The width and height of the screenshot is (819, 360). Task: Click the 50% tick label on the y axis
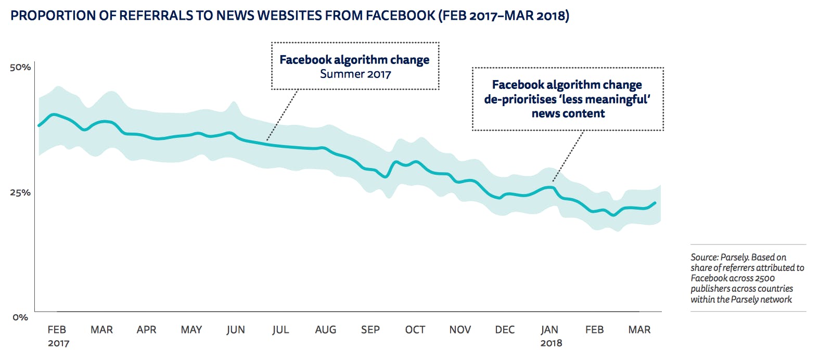pyautogui.click(x=20, y=67)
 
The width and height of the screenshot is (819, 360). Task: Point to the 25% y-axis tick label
pyautogui.click(x=20, y=192)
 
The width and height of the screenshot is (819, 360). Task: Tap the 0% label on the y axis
pyautogui.click(x=20, y=317)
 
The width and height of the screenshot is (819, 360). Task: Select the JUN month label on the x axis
pyautogui.click(x=236, y=330)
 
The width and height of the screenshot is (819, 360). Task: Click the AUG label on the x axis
pyautogui.click(x=326, y=330)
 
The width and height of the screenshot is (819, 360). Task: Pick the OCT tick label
pyautogui.click(x=415, y=330)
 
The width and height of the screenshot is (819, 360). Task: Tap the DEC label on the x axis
pyautogui.click(x=505, y=330)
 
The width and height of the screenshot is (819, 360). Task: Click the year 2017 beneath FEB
pyautogui.click(x=58, y=343)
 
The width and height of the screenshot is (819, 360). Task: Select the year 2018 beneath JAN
pyautogui.click(x=551, y=343)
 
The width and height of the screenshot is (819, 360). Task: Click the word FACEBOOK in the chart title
pyautogui.click(x=400, y=16)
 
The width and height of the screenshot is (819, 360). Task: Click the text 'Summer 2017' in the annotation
pyautogui.click(x=355, y=74)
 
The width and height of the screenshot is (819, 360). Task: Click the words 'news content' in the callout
pyautogui.click(x=568, y=113)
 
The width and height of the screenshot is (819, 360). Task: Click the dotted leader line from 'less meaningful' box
pyautogui.click(x=568, y=156)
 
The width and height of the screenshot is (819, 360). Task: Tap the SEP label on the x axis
pyautogui.click(x=370, y=330)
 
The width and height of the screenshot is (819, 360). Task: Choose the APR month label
pyautogui.click(x=146, y=330)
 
